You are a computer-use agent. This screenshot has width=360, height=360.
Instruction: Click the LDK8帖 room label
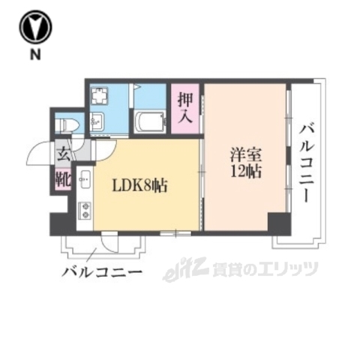tap(140, 184)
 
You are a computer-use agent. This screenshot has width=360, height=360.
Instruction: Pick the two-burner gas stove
tap(84, 211)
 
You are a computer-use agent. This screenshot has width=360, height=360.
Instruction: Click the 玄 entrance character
tap(62, 156)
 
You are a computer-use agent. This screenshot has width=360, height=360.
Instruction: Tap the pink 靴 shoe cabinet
tap(62, 180)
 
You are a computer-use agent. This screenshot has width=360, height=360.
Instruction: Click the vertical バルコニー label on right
tap(307, 161)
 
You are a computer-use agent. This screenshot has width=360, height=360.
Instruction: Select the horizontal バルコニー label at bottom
tap(102, 269)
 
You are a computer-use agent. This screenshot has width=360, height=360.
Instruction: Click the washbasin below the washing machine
tap(97, 120)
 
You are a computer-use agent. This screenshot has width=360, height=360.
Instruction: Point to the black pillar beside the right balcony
tap(278, 223)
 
